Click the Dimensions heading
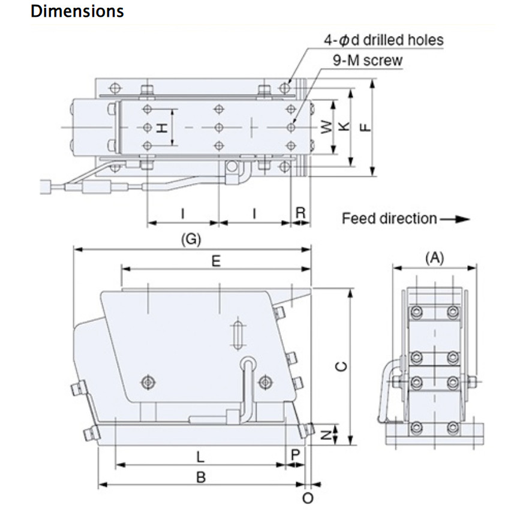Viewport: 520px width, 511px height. (77, 11)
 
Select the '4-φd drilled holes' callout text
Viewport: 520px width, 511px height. (383, 40)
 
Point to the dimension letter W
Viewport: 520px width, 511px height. (325, 127)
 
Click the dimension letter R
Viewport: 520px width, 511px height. (301, 212)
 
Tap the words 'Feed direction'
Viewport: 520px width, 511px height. (389, 218)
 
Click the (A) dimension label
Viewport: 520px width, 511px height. (434, 258)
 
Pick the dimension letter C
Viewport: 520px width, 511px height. (341, 367)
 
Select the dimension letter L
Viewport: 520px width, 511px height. (200, 456)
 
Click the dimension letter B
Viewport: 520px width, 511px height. (201, 477)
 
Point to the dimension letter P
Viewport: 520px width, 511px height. (294, 455)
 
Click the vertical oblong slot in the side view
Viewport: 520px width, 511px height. (238, 333)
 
